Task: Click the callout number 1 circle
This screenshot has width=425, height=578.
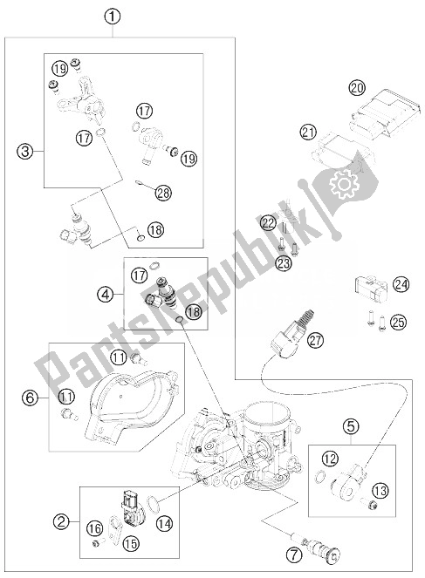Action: (114, 15)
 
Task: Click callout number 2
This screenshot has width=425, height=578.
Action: (61, 522)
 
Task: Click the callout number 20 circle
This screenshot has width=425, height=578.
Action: (355, 87)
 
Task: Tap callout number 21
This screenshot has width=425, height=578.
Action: (306, 133)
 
